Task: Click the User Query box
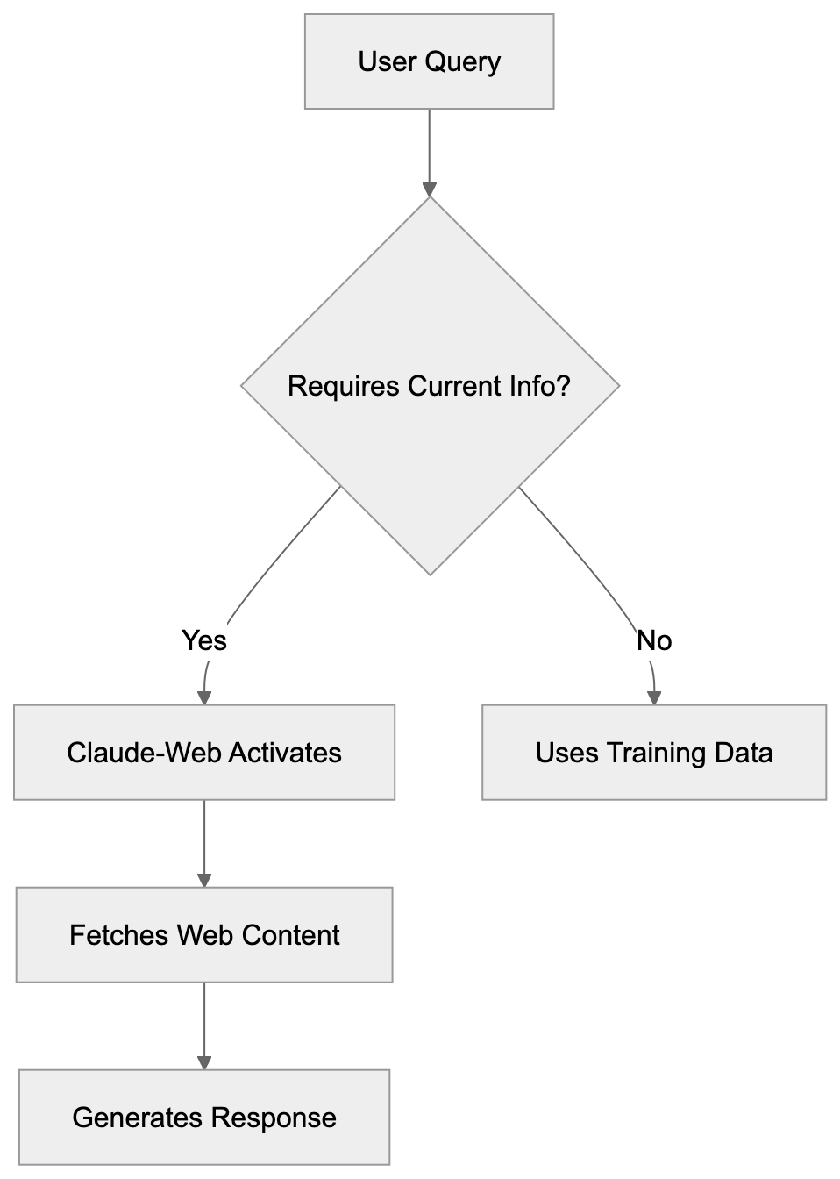(429, 61)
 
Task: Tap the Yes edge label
(203, 640)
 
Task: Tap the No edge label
(654, 640)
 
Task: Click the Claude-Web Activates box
(204, 752)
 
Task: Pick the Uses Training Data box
(654, 752)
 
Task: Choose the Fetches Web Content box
(204, 934)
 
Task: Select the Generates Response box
(204, 1117)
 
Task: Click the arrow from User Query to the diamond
(429, 149)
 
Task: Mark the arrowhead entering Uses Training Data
(654, 697)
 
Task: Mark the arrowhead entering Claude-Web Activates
(204, 697)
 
